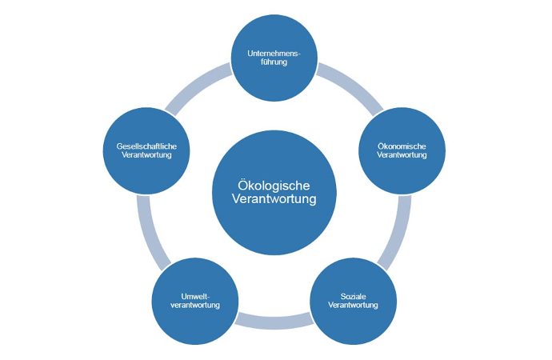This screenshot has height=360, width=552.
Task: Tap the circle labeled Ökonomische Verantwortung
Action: [x=401, y=150]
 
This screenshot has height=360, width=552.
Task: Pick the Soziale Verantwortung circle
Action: [x=353, y=300]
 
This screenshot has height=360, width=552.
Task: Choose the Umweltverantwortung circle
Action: [x=195, y=300]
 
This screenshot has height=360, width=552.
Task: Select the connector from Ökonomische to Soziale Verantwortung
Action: [x=394, y=232]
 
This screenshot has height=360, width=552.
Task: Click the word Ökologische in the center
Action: [x=274, y=183]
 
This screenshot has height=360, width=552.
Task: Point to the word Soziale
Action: [x=353, y=296]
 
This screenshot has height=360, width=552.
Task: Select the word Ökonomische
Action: [x=401, y=146]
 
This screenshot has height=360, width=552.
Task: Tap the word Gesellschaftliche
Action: [x=147, y=146]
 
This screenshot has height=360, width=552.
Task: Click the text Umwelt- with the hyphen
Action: [x=195, y=296]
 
